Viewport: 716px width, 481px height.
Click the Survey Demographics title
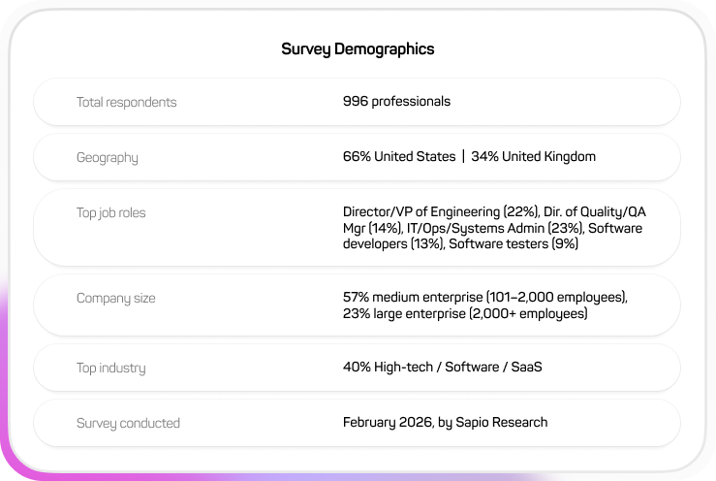pos(358,48)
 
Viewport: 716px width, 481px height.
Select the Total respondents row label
pos(126,102)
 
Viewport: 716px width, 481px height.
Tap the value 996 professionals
pos(396,101)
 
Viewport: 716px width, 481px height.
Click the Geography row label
pos(107,157)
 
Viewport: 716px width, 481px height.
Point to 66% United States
pos(398,156)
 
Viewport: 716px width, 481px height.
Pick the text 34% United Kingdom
pos(533,156)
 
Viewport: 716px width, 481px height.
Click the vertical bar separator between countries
pos(463,156)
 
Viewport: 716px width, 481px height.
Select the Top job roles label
pos(110,212)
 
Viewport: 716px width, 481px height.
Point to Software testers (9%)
pos(514,243)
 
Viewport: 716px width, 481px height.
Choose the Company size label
pos(115,298)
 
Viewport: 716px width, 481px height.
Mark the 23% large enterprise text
pos(404,314)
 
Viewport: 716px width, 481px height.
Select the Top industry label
pos(110,368)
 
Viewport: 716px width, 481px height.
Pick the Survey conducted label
pos(128,423)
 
